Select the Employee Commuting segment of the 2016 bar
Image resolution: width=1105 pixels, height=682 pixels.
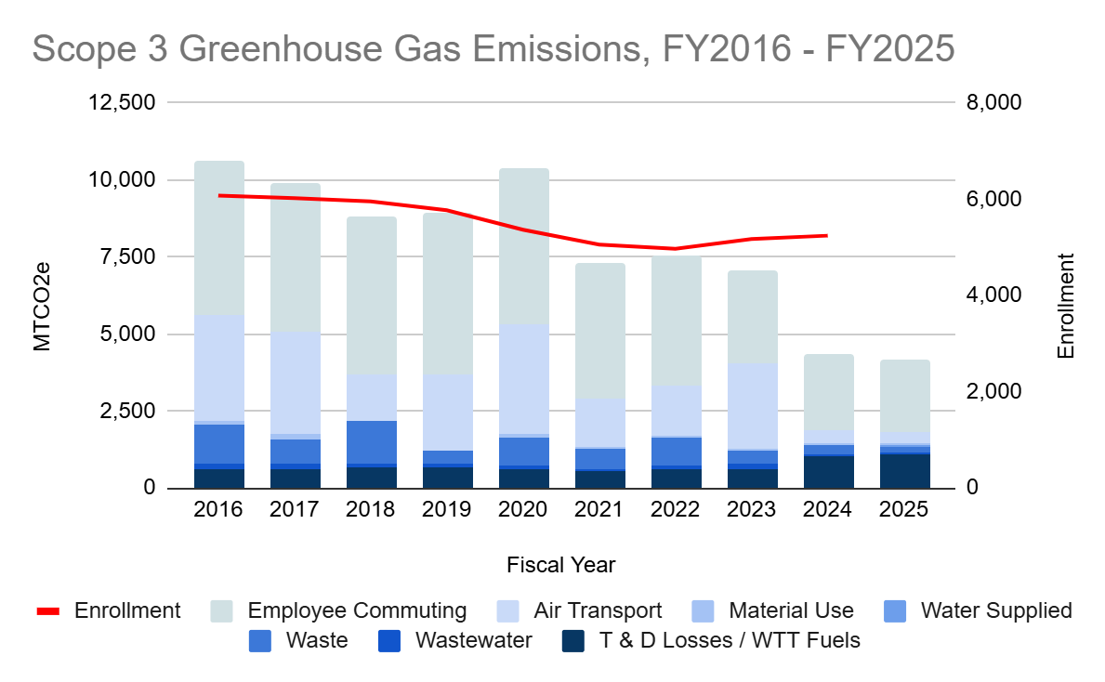(x=219, y=238)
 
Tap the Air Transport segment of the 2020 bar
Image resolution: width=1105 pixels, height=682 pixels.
(x=524, y=379)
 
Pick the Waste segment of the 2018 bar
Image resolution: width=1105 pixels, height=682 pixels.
(x=372, y=442)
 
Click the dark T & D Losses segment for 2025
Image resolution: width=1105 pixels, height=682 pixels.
(x=905, y=471)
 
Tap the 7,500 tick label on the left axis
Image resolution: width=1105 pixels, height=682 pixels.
(x=129, y=256)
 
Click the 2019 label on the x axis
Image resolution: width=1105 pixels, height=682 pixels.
(x=448, y=510)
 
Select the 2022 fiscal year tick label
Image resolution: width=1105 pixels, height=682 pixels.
(x=677, y=510)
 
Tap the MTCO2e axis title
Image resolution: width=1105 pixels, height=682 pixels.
(x=42, y=307)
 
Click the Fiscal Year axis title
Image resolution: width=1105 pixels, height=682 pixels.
(x=560, y=564)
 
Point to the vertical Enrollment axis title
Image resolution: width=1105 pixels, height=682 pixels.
(x=1066, y=307)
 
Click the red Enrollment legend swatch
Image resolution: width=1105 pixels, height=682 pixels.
(x=48, y=611)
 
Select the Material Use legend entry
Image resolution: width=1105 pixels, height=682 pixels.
(x=791, y=610)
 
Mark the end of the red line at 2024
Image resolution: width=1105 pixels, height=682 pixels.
(x=827, y=235)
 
